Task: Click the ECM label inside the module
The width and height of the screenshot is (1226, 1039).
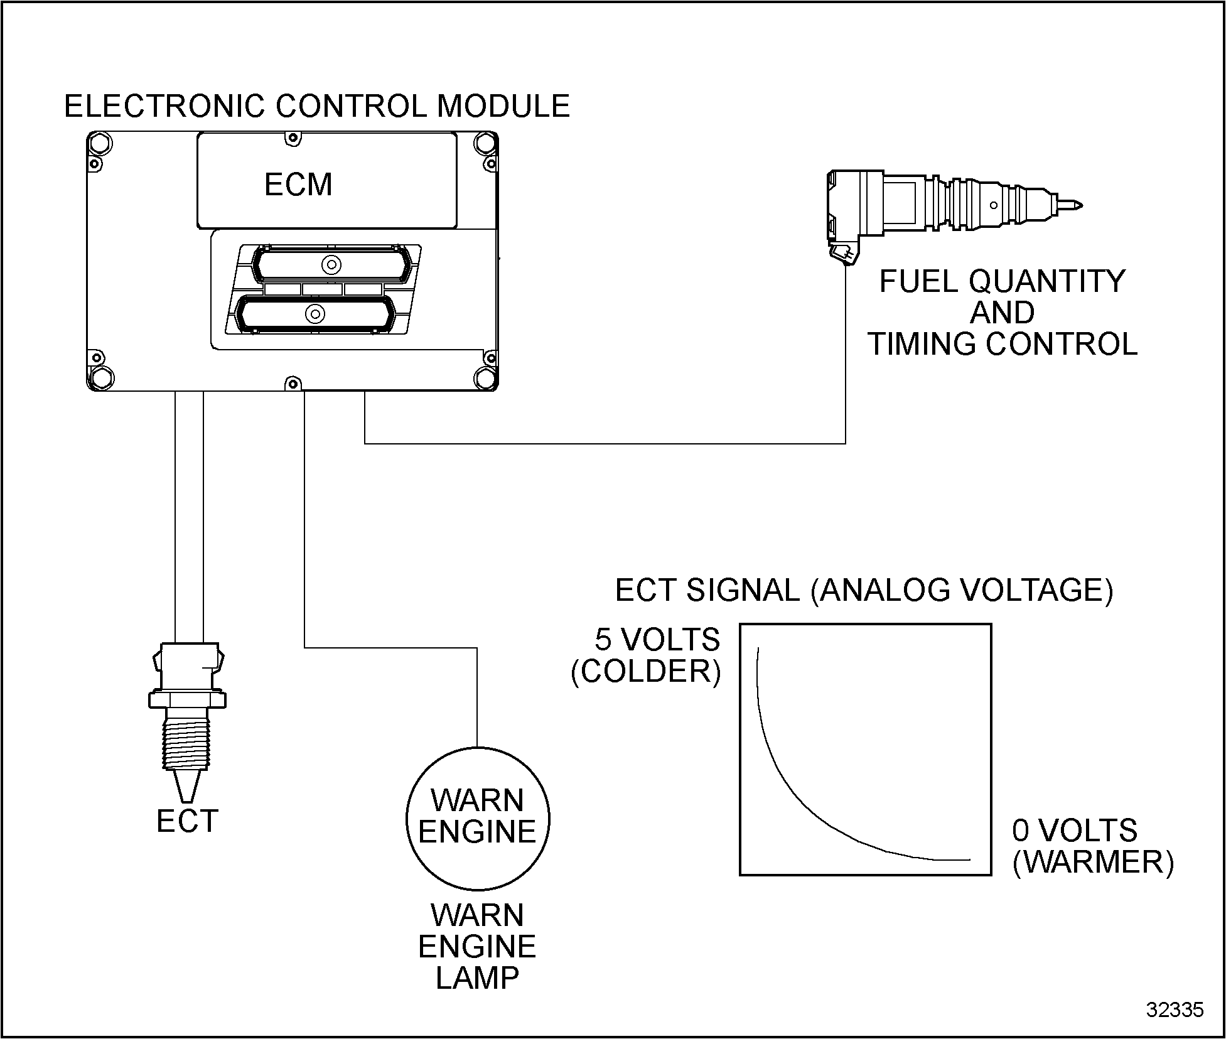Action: pyautogui.click(x=298, y=185)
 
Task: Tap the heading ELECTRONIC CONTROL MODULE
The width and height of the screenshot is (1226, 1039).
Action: pyautogui.click(x=317, y=106)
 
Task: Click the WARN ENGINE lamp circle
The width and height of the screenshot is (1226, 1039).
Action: pyautogui.click(x=478, y=817)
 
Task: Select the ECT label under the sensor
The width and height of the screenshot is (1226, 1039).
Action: pyautogui.click(x=187, y=821)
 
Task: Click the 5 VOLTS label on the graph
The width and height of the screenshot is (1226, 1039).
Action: pyautogui.click(x=657, y=640)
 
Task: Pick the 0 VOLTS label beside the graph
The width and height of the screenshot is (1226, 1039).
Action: pyautogui.click(x=1075, y=831)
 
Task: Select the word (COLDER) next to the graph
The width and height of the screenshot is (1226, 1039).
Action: pyautogui.click(x=646, y=672)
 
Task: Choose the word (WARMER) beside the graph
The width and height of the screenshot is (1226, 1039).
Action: pyautogui.click(x=1093, y=862)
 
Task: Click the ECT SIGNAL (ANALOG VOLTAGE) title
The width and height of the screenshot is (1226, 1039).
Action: pyautogui.click(x=864, y=591)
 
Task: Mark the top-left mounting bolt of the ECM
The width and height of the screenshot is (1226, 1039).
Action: pyautogui.click(x=100, y=144)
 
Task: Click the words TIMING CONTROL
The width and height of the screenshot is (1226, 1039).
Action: pyautogui.click(x=1003, y=344)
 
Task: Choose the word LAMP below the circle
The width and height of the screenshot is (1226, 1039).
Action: pyautogui.click(x=477, y=978)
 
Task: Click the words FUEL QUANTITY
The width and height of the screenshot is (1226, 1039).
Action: pyautogui.click(x=1003, y=281)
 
